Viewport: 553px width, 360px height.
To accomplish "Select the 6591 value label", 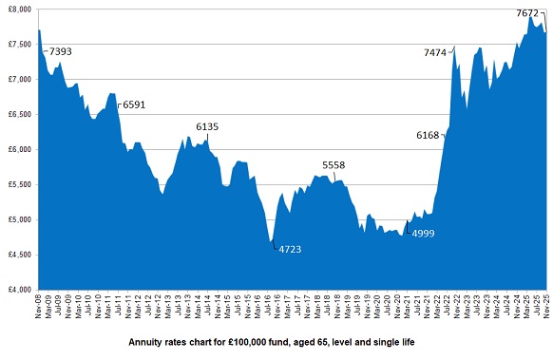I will (x=134, y=105).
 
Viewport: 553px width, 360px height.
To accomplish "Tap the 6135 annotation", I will (x=207, y=126).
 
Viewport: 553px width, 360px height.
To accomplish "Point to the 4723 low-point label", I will (x=288, y=249).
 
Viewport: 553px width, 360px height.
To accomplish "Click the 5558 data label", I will (x=334, y=165).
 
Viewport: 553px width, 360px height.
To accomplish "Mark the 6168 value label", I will (x=429, y=136).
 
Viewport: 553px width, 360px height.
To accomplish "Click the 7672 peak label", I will (x=528, y=13).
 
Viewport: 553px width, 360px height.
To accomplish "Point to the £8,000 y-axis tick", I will (x=18, y=9).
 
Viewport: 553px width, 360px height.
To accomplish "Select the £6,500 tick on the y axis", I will (x=18, y=114).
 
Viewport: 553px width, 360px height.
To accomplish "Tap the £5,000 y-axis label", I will (x=18, y=219).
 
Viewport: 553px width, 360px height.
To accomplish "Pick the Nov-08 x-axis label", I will (x=39, y=307).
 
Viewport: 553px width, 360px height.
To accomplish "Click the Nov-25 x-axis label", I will (x=546, y=307).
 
